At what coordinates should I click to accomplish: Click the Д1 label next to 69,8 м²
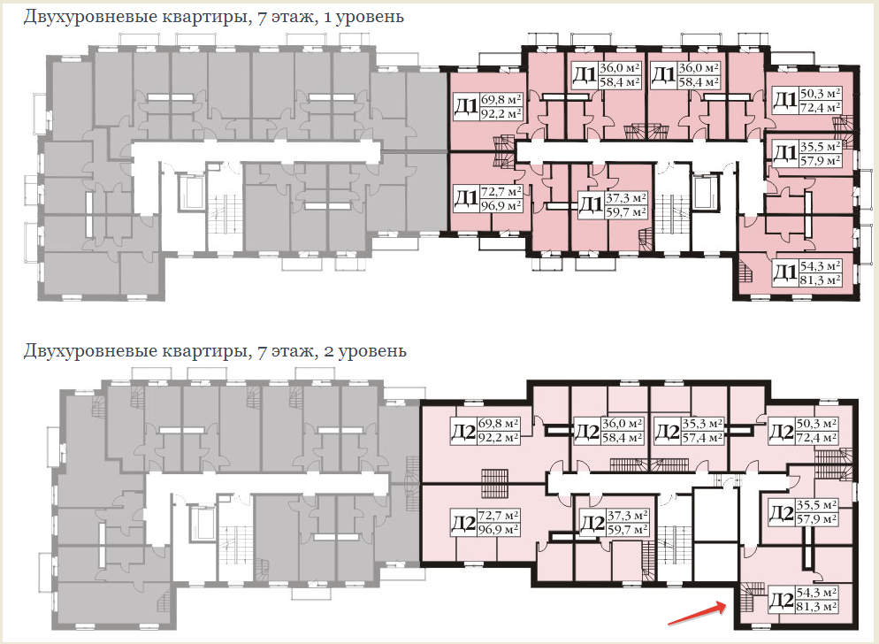coord(466,107)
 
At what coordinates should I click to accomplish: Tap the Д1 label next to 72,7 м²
coord(466,197)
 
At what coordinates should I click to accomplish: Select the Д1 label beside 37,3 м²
coord(590,206)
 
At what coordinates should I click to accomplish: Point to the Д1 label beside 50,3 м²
coord(784,100)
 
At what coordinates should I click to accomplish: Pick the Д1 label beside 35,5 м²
coord(784,153)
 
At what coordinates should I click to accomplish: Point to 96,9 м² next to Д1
coord(501,205)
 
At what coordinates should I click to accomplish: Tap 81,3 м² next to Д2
coord(817,609)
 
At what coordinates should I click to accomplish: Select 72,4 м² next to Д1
coord(820,108)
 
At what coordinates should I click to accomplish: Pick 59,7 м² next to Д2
coord(629,529)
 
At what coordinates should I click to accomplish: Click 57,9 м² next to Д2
coord(817,519)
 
